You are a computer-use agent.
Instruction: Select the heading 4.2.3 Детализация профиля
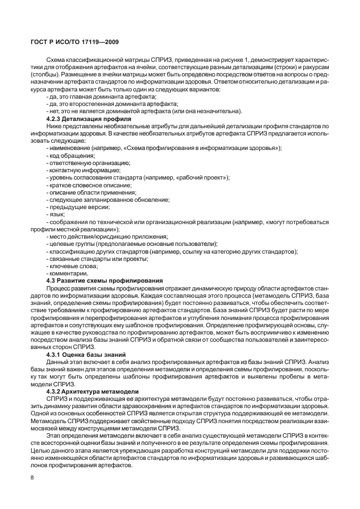[x=89, y=119]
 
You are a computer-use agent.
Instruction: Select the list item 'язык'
[x=56, y=214]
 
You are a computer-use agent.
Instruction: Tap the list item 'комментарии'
[x=67, y=273]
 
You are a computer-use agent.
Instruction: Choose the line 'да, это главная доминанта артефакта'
[x=94, y=97]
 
